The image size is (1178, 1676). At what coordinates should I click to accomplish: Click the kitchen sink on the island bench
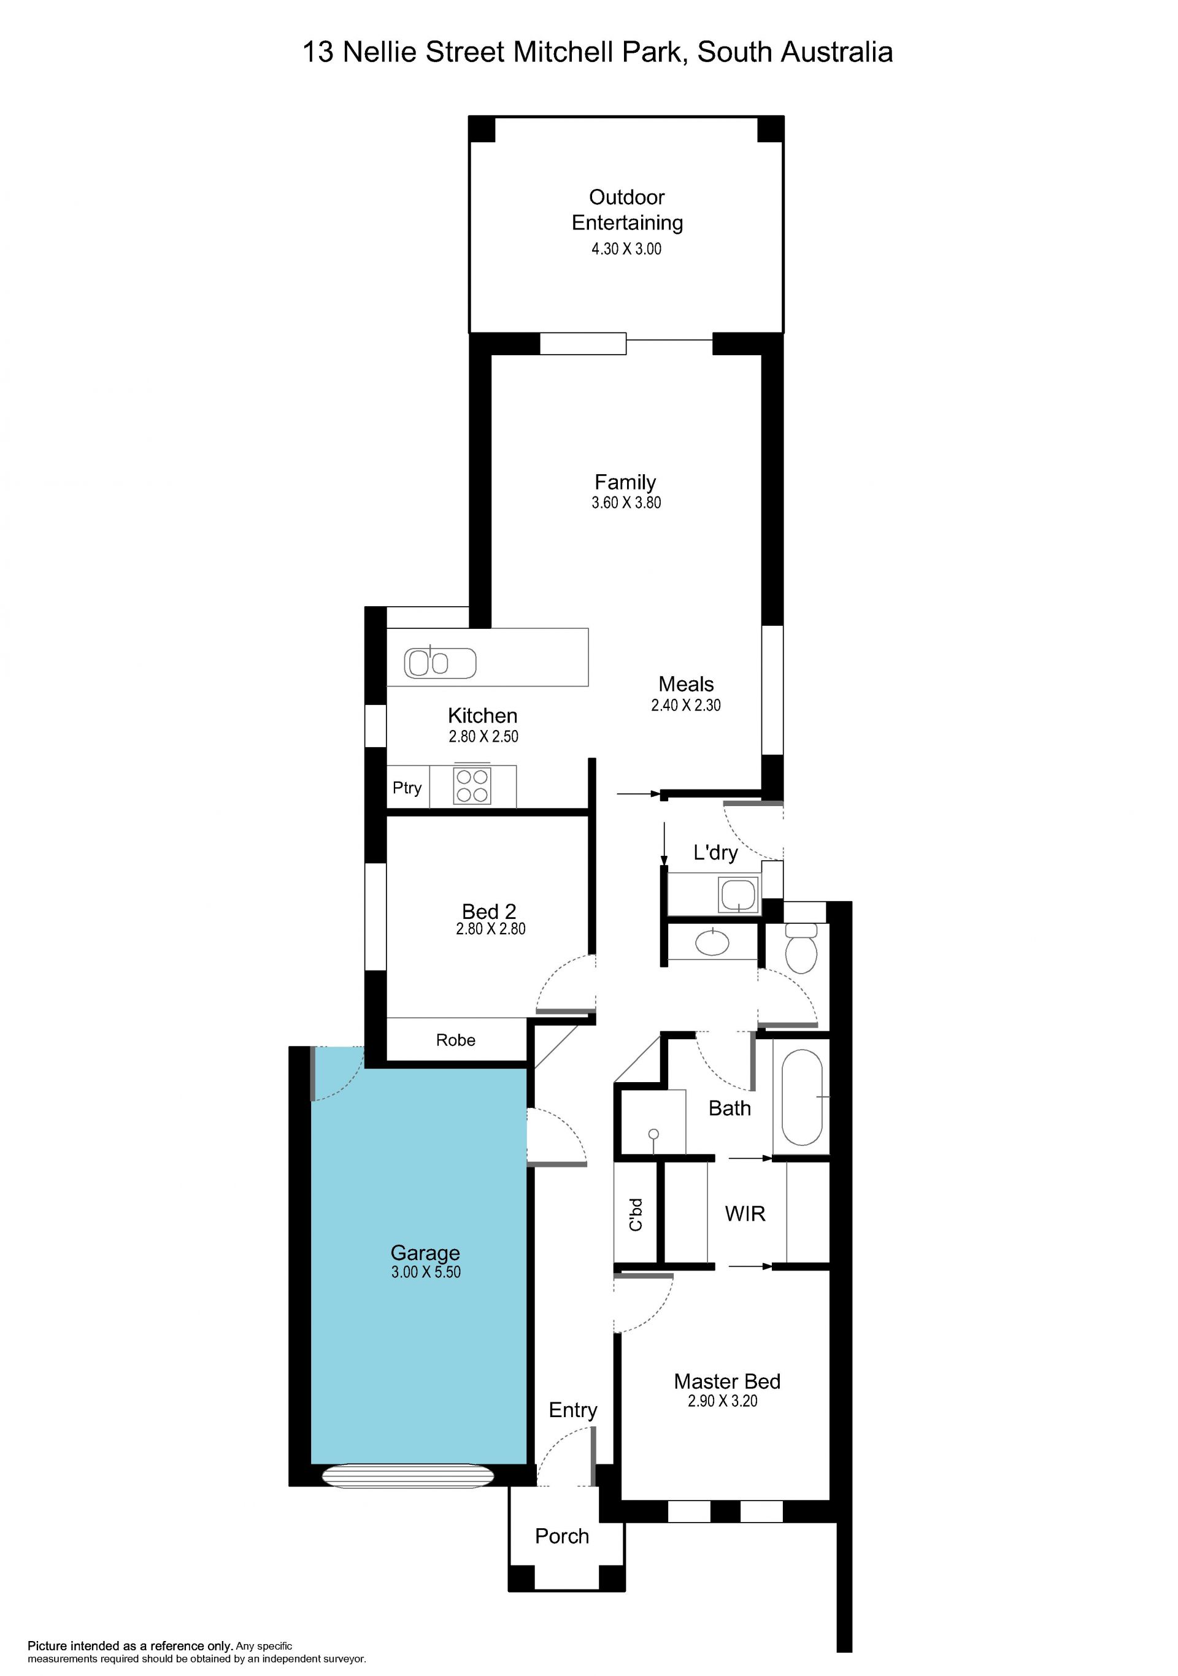pyautogui.click(x=440, y=663)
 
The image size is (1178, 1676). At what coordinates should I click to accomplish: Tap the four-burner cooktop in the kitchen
pyautogui.click(x=471, y=785)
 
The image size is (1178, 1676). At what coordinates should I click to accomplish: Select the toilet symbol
pyautogui.click(x=801, y=947)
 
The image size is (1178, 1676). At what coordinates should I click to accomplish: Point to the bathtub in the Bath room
pyautogui.click(x=801, y=1097)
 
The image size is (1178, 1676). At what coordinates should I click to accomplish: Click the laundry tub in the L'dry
pyautogui.click(x=739, y=895)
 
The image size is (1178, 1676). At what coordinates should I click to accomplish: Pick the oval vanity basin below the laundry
pyautogui.click(x=712, y=942)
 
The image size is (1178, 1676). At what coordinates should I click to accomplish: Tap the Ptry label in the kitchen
pyautogui.click(x=407, y=788)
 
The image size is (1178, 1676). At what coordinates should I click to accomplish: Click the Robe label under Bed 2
pyautogui.click(x=455, y=1039)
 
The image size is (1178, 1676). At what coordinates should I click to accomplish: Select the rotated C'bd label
pyautogui.click(x=636, y=1214)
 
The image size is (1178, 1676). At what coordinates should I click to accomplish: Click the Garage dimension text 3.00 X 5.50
pyautogui.click(x=426, y=1272)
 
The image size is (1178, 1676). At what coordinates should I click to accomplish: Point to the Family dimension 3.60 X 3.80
pyautogui.click(x=626, y=502)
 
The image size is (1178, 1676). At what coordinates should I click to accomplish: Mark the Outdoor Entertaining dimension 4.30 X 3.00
pyautogui.click(x=626, y=248)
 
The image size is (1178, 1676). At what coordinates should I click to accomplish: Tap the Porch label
pyautogui.click(x=561, y=1536)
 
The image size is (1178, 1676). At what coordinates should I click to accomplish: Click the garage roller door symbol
pyautogui.click(x=408, y=1475)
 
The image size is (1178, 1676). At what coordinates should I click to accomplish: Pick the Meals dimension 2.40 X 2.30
pyautogui.click(x=686, y=705)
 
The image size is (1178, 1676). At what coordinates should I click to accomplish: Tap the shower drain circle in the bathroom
pyautogui.click(x=653, y=1134)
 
